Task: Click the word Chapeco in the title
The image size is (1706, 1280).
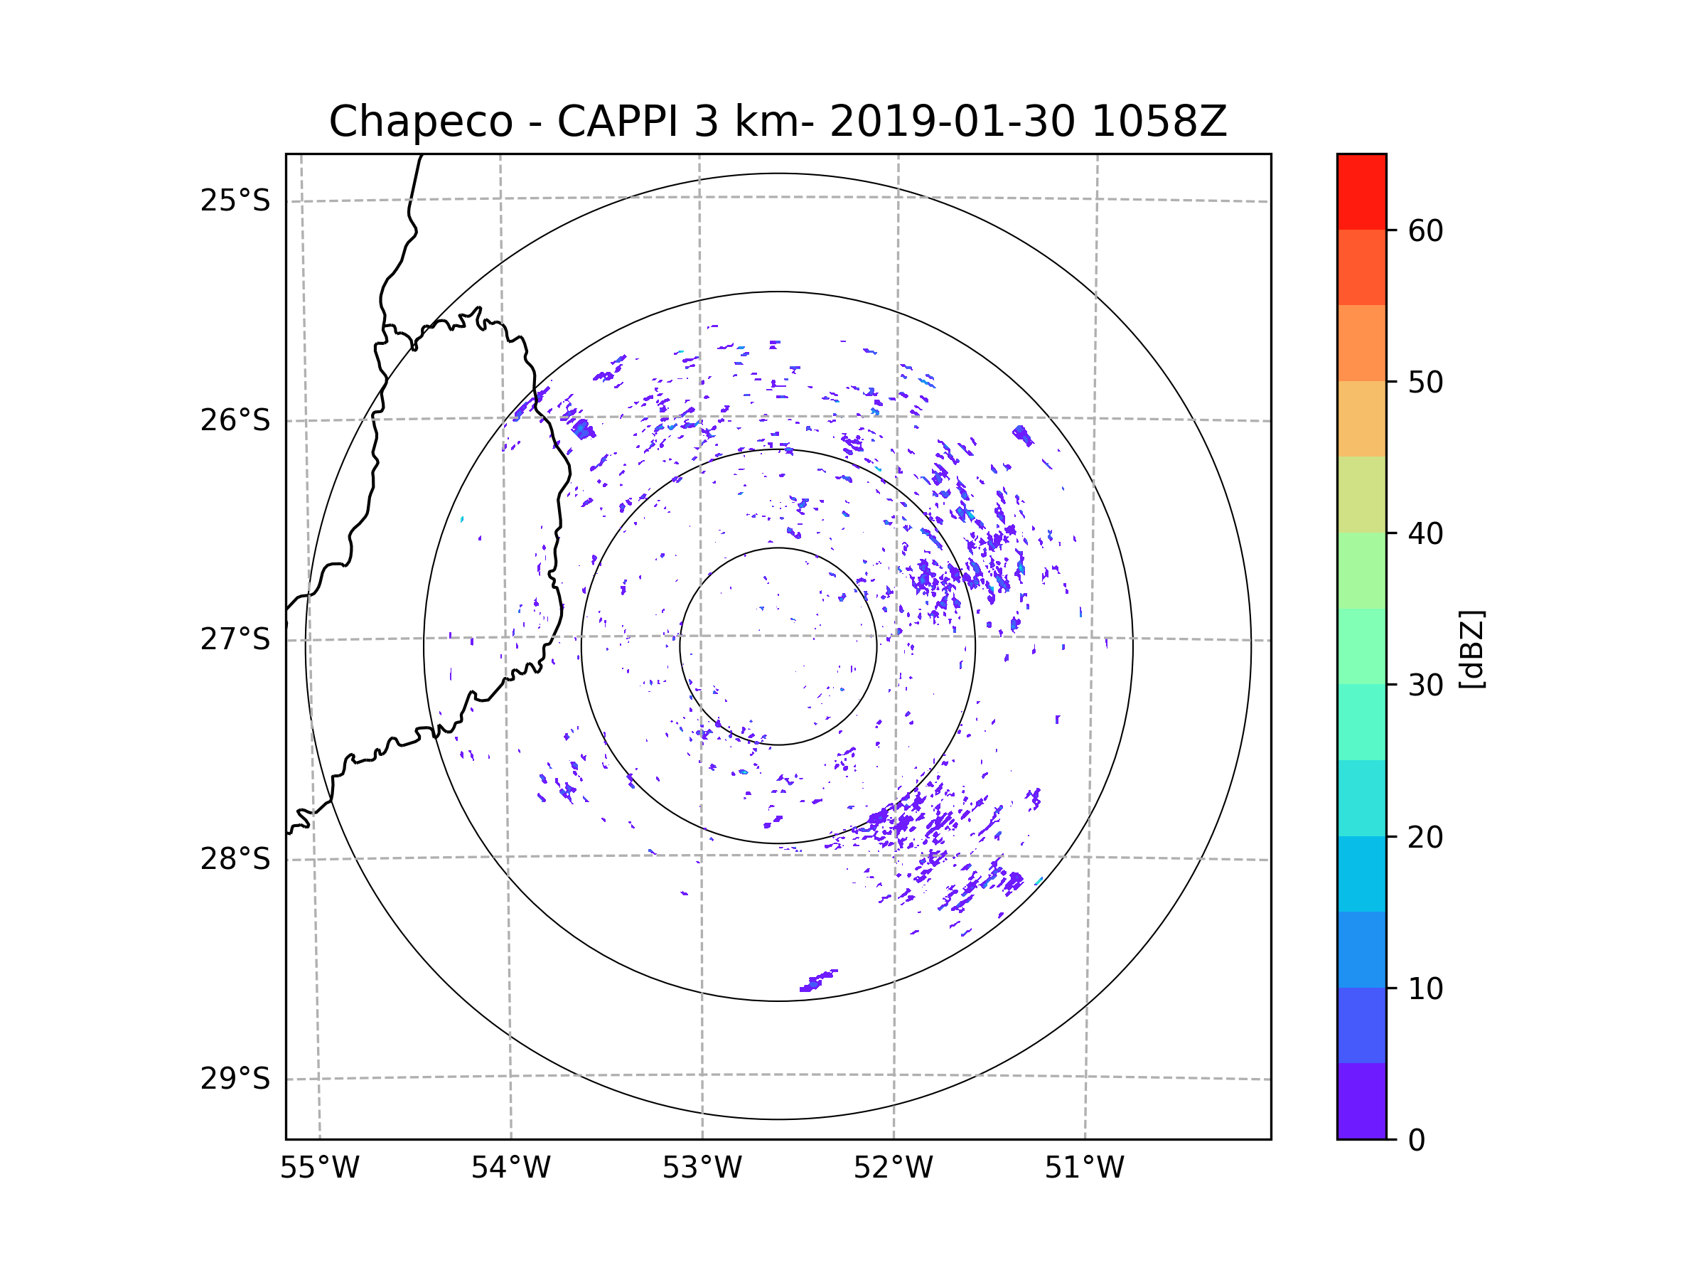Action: (420, 122)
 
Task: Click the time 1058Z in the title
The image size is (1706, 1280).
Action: (1159, 122)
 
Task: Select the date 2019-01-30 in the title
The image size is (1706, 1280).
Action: (952, 122)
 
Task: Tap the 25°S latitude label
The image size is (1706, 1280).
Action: (235, 201)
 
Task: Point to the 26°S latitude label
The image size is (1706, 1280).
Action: (235, 420)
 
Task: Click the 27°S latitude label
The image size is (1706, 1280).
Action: (235, 639)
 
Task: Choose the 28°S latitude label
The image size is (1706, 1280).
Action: (235, 859)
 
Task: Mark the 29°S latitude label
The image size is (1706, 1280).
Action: (235, 1079)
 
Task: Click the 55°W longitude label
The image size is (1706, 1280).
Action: (319, 1168)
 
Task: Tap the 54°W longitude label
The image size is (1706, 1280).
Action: (510, 1168)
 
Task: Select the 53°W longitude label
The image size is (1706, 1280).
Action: (702, 1168)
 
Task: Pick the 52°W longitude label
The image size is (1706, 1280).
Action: (893, 1168)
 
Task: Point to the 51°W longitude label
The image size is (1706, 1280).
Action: (1084, 1168)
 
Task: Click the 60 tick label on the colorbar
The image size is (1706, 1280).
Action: (1425, 230)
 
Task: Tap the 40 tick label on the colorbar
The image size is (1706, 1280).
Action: (1425, 534)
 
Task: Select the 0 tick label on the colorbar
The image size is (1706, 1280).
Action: (1417, 1141)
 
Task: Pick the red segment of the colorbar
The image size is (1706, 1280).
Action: (1361, 191)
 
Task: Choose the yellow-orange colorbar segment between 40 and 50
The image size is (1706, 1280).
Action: (1361, 419)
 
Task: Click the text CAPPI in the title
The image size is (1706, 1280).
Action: (617, 122)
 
